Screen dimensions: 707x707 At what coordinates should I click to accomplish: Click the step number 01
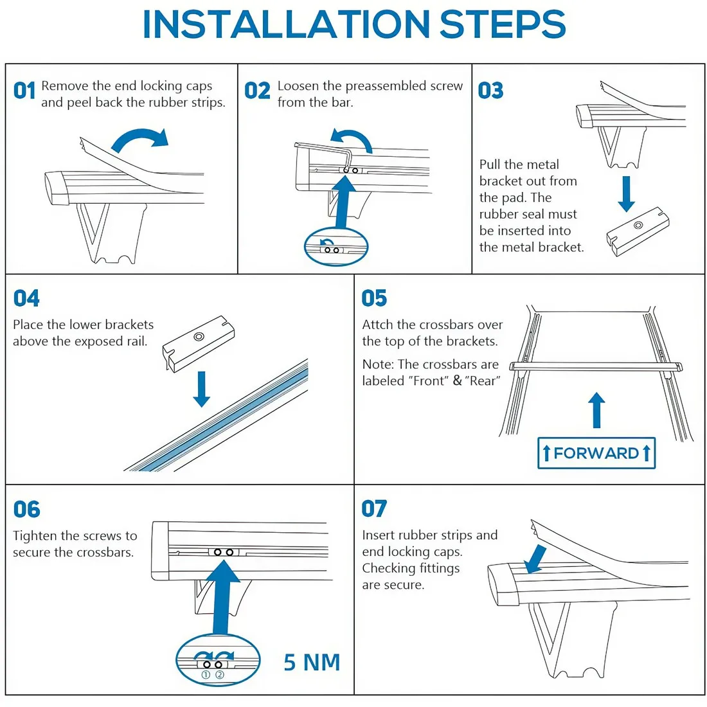pyautogui.click(x=24, y=91)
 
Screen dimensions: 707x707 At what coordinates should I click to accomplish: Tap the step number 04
pyautogui.click(x=26, y=298)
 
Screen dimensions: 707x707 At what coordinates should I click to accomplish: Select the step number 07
pyautogui.click(x=374, y=508)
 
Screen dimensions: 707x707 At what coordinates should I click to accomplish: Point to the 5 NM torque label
pyautogui.click(x=312, y=663)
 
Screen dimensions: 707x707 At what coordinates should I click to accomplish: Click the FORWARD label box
pyautogui.click(x=596, y=453)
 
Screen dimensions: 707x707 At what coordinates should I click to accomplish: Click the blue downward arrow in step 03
pyautogui.click(x=626, y=193)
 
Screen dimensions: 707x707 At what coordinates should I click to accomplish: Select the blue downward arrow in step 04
pyautogui.click(x=202, y=389)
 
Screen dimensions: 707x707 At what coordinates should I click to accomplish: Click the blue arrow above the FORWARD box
pyautogui.click(x=597, y=410)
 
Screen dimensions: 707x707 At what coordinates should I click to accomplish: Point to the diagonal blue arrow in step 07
pyautogui.click(x=535, y=559)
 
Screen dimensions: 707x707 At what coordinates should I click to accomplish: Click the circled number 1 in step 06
pyautogui.click(x=206, y=675)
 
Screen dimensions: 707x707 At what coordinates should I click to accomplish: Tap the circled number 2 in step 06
pyautogui.click(x=220, y=675)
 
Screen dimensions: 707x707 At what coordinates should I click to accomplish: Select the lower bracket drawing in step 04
pyautogui.click(x=199, y=343)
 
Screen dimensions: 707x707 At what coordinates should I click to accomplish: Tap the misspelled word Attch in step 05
pyautogui.click(x=377, y=325)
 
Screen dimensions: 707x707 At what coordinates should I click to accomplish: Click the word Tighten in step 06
pyautogui.click(x=35, y=536)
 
